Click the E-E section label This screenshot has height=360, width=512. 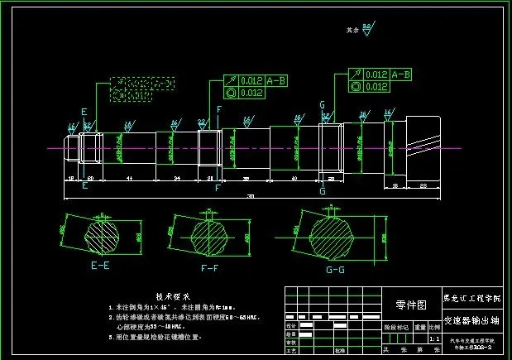click(x=100, y=266)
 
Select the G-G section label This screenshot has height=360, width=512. click(x=333, y=271)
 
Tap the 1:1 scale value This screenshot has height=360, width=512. click(x=435, y=339)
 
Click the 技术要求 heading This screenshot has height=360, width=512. click(x=173, y=295)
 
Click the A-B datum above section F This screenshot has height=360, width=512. click(x=275, y=80)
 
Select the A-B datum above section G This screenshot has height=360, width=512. click(x=400, y=74)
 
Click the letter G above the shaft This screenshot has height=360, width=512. click(x=322, y=105)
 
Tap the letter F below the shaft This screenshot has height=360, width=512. click(x=218, y=188)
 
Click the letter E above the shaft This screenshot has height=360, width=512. click(x=84, y=111)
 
